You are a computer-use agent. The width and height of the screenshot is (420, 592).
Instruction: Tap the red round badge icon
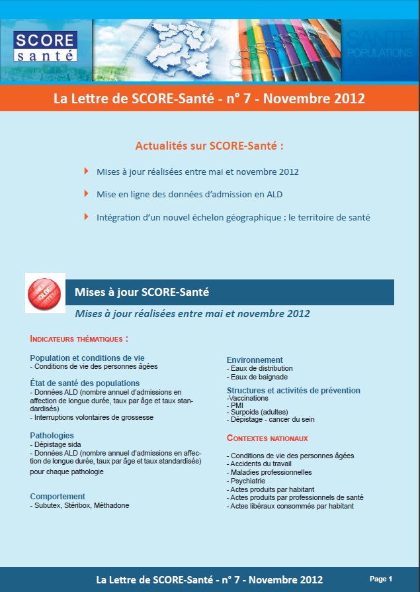[x=44, y=293]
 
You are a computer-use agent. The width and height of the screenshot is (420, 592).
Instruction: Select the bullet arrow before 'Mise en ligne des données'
[x=87, y=193]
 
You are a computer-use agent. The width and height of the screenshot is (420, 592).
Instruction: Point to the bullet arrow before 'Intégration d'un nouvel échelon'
[x=87, y=216]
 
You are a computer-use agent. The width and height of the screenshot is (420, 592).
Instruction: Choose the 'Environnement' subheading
[x=255, y=360]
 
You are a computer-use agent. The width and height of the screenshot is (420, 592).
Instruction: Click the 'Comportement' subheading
[x=58, y=496]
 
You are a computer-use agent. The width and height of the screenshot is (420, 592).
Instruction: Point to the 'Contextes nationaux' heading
[x=267, y=438]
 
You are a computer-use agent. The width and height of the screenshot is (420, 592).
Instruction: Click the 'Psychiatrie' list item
[x=248, y=481]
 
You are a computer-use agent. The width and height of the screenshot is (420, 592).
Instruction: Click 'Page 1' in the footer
[x=381, y=579]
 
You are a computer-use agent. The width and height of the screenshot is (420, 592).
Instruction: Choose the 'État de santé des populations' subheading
[x=85, y=383]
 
